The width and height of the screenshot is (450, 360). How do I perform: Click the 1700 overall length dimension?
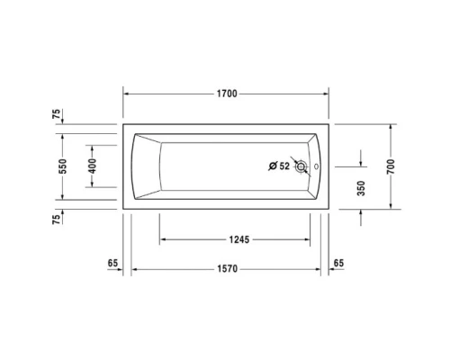click(226, 94)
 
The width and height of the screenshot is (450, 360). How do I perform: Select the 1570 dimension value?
click(226, 269)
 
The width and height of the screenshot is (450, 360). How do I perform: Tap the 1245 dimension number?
click(238, 239)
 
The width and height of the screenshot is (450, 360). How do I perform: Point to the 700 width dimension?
click(391, 166)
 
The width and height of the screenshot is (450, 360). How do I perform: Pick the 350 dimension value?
click(361, 188)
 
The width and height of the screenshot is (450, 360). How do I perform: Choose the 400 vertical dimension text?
click(92, 166)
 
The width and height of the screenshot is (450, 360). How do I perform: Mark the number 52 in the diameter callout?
click(284, 166)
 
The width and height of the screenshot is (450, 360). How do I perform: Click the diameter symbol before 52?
click(273, 166)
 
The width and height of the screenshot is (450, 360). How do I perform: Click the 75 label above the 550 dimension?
click(56, 114)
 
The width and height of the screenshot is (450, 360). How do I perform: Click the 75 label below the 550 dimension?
click(56, 219)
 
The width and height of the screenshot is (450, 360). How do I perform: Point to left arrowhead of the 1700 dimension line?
click(127, 94)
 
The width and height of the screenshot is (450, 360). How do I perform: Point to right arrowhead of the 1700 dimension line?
click(326, 94)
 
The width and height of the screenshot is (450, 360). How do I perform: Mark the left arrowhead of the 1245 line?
click(163, 239)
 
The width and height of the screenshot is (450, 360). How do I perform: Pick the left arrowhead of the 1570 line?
click(135, 269)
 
